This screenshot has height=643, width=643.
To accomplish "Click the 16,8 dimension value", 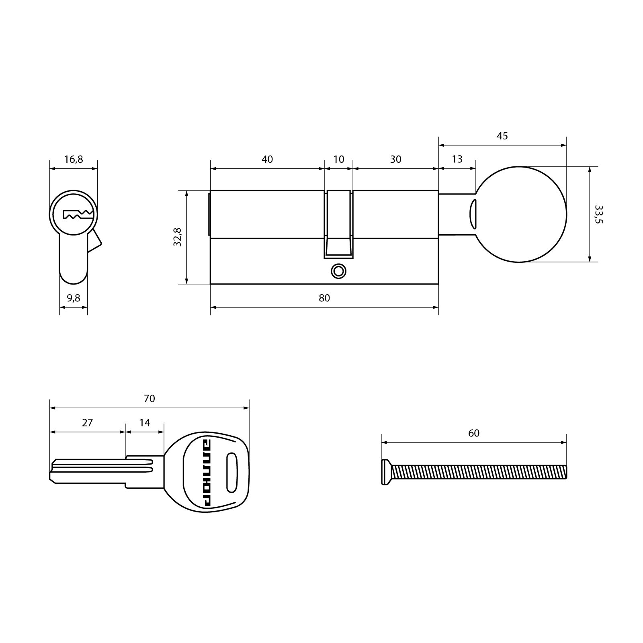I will [74, 160].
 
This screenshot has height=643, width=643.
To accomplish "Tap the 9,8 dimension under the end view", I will [74, 298].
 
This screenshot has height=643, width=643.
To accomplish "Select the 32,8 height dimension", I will [178, 237].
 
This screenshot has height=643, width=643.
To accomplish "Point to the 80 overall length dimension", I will [324, 298].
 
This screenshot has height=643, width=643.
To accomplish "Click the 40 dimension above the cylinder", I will [267, 160].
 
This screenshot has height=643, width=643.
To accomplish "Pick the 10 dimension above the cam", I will [339, 160].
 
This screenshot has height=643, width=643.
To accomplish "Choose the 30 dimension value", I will [396, 160].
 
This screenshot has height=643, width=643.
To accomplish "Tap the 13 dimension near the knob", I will [457, 159].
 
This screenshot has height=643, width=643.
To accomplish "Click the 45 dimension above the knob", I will [502, 136].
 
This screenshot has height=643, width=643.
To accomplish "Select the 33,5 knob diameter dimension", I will [599, 214].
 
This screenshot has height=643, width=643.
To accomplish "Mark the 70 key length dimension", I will [149, 399].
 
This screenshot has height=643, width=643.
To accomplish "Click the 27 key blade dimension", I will [87, 423].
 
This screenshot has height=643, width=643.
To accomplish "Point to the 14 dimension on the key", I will [145, 423].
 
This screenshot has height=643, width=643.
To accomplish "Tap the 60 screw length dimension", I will [474, 433].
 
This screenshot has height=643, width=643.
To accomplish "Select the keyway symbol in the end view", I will [78, 215].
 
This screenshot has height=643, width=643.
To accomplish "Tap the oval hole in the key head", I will [232, 472].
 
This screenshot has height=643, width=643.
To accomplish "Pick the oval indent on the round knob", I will [472, 214].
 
